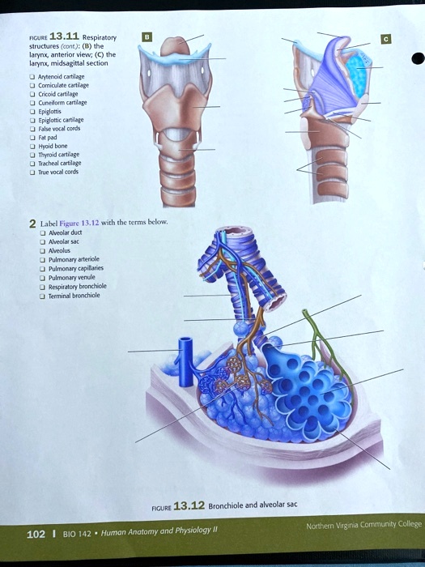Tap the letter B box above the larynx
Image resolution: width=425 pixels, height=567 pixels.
pyautogui.click(x=147, y=36)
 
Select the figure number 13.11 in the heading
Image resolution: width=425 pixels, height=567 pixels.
pyautogui.click(x=64, y=36)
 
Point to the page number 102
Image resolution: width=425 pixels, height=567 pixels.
pyautogui.click(x=36, y=535)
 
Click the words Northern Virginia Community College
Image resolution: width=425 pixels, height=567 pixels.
pyautogui.click(x=363, y=525)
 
